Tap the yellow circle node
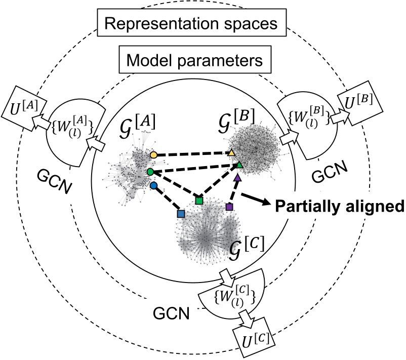point(153,153)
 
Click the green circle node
point(150,172)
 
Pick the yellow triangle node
point(231,152)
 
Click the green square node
point(199,201)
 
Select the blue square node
point(180,214)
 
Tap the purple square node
point(229,207)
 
